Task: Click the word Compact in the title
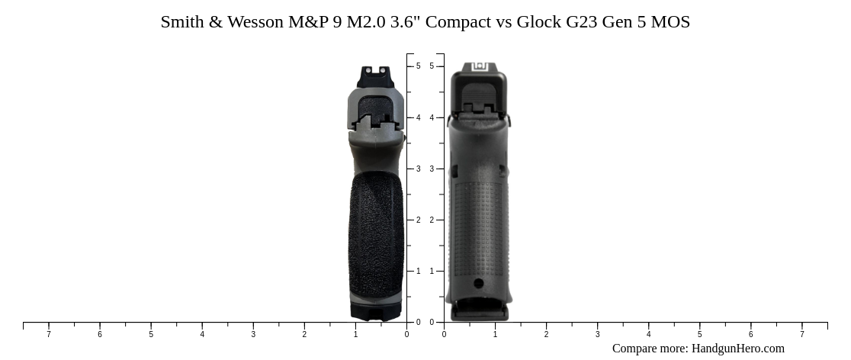point(458,22)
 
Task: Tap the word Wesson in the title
point(256,22)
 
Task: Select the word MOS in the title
point(671,22)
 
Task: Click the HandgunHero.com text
point(737,349)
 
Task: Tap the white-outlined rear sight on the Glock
point(479,67)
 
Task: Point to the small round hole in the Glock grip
point(478,284)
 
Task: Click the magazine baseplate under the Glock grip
point(479,311)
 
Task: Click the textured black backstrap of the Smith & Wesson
point(376,229)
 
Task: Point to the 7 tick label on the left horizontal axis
point(49,334)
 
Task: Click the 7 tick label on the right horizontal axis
point(801,334)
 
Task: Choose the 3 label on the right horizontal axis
point(597,334)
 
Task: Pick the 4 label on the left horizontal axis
point(202,334)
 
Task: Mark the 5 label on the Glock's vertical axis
point(432,66)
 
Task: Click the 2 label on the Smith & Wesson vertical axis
point(418,220)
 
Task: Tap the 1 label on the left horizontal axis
point(355,334)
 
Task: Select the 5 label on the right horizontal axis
point(699,334)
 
